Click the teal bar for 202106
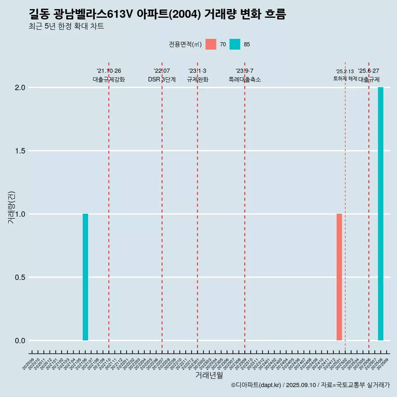pyautogui.click(x=85, y=277)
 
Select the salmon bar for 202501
pyautogui.click(x=339, y=277)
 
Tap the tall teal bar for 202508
pyautogui.click(x=380, y=214)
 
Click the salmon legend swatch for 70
pyautogui.click(x=211, y=44)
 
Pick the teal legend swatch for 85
pyautogui.click(x=235, y=44)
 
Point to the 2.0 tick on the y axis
pyautogui.click(x=20, y=88)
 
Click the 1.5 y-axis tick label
pyautogui.click(x=20, y=151)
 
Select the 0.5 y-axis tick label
pyautogui.click(x=20, y=277)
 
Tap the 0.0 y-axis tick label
pyautogui.click(x=20, y=341)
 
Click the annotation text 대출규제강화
pyautogui.click(x=109, y=79)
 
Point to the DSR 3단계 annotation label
pyautogui.click(x=162, y=79)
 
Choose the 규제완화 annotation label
pyautogui.click(x=197, y=79)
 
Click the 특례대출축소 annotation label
pyautogui.click(x=245, y=79)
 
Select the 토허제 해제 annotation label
pyautogui.click(x=345, y=79)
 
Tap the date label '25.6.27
pyautogui.click(x=368, y=71)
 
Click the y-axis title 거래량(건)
pyautogui.click(x=12, y=208)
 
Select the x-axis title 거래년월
pyautogui.click(x=209, y=375)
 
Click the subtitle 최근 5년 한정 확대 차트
pyautogui.click(x=66, y=26)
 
